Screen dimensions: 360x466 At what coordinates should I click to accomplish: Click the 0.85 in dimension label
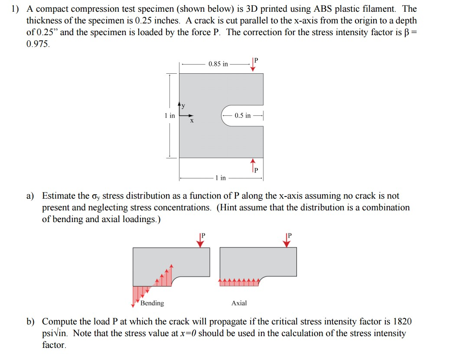pyautogui.click(x=218, y=64)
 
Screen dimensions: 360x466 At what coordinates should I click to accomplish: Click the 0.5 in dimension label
pyautogui.click(x=242, y=115)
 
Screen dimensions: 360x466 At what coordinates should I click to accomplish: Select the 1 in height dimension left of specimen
pyautogui.click(x=169, y=115)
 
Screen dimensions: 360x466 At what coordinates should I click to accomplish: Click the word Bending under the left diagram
pyautogui.click(x=152, y=303)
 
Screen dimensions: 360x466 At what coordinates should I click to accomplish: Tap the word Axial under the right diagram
pyautogui.click(x=239, y=303)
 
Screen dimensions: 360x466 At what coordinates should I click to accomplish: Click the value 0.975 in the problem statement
pyautogui.click(x=38, y=44)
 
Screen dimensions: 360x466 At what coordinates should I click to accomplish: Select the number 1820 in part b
pyautogui.click(x=402, y=321)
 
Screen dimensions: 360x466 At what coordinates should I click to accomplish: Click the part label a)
pyautogui.click(x=31, y=196)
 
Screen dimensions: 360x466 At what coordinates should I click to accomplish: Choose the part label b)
pyautogui.click(x=31, y=322)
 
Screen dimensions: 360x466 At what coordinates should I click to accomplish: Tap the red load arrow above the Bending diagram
pyautogui.click(x=200, y=241)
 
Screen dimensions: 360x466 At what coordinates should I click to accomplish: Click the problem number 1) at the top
pyautogui.click(x=15, y=9)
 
